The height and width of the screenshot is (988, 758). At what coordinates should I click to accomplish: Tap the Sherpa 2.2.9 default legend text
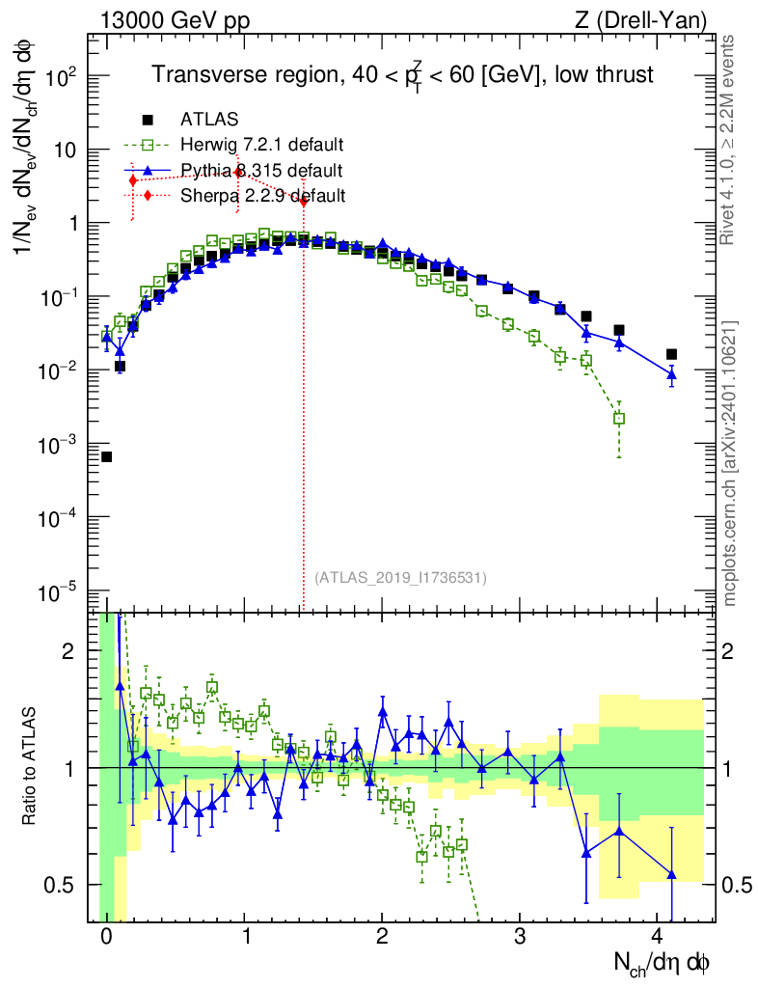click(x=262, y=196)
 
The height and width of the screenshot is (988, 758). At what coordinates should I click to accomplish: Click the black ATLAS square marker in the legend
click(x=148, y=120)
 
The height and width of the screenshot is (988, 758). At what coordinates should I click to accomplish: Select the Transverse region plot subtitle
click(x=404, y=75)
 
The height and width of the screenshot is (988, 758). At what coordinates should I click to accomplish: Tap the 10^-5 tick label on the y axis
click(x=60, y=590)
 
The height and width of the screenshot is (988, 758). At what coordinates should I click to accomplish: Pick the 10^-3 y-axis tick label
click(x=60, y=444)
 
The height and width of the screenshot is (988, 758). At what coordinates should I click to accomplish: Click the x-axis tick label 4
click(x=658, y=937)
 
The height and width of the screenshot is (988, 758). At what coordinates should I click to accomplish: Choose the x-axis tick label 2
click(x=382, y=937)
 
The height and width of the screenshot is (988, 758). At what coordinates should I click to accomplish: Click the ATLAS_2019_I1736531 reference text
click(x=400, y=578)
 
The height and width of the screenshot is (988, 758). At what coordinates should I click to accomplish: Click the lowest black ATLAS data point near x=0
click(x=106, y=456)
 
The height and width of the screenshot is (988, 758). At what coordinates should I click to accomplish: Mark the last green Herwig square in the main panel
click(x=618, y=418)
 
